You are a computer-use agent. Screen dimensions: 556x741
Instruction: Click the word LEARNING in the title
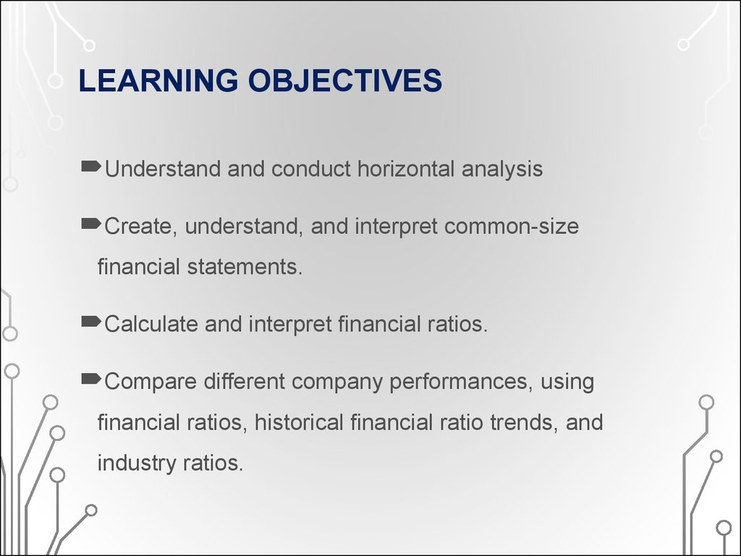tap(158, 81)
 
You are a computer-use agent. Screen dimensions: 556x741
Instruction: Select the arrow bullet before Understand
tap(91, 168)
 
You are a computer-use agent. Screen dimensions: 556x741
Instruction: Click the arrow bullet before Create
tap(91, 226)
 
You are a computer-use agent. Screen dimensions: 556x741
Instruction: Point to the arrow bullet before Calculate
tap(91, 323)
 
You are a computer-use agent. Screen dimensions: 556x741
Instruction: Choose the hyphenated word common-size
tap(512, 227)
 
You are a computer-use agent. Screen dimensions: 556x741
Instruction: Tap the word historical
tap(299, 421)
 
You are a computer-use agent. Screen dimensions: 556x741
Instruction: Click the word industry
tap(133, 463)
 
